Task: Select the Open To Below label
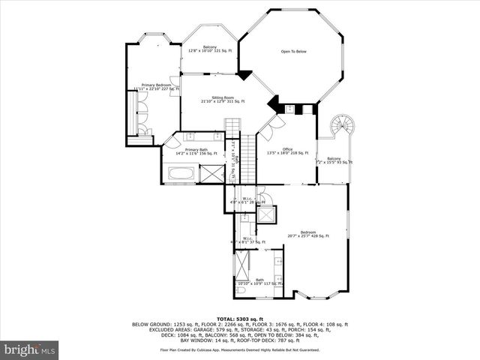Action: pyautogui.click(x=293, y=52)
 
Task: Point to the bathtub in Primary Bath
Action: pyautogui.click(x=180, y=175)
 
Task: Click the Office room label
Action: pyautogui.click(x=288, y=150)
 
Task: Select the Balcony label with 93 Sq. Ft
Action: pyautogui.click(x=334, y=160)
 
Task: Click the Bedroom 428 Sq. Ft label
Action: pyautogui.click(x=308, y=234)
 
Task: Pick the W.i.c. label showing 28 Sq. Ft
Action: pyautogui.click(x=247, y=199)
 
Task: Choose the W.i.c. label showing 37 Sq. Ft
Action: pyautogui.click(x=247, y=241)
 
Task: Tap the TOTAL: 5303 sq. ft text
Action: pyautogui.click(x=239, y=319)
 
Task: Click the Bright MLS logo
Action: pyautogui.click(x=30, y=349)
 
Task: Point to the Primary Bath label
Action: pyautogui.click(x=196, y=151)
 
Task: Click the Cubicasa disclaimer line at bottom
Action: pyautogui.click(x=240, y=349)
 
